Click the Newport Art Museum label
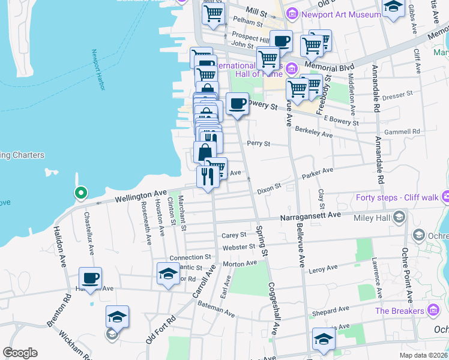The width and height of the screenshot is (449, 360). pos(335,13)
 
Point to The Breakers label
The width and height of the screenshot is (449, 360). pos(399,311)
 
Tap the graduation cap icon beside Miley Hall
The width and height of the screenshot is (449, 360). pos(398,218)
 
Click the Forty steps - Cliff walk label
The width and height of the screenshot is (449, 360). pos(396,197)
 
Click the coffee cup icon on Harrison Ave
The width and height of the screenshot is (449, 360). pos(91,278)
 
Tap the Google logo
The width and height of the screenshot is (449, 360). pos(20,353)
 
